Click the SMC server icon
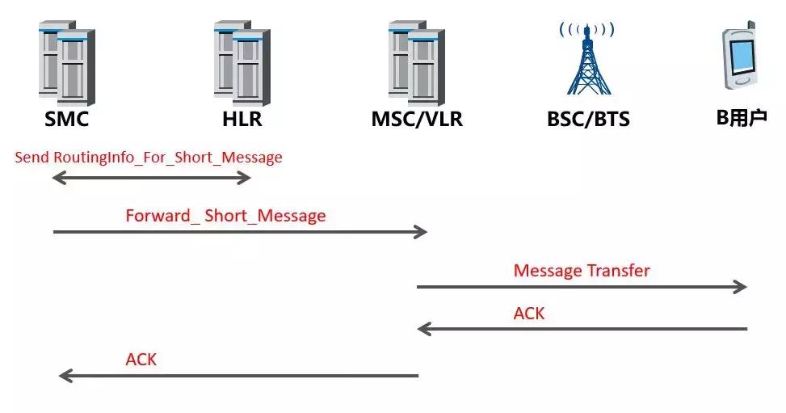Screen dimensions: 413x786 click(x=66, y=63)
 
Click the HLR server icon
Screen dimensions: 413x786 click(x=242, y=63)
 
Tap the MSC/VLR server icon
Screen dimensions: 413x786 click(x=416, y=63)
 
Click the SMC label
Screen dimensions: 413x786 click(x=66, y=120)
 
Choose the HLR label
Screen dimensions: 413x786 click(x=242, y=120)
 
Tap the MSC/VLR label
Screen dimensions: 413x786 click(x=417, y=120)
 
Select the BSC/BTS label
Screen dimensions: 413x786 click(x=587, y=120)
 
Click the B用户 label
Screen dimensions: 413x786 click(x=742, y=118)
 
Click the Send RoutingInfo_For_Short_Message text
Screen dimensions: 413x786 click(x=149, y=157)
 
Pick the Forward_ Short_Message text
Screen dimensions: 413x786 click(x=225, y=216)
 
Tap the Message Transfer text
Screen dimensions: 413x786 click(x=582, y=270)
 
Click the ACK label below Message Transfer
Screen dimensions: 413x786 click(x=529, y=313)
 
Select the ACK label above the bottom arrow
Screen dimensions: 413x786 click(x=141, y=359)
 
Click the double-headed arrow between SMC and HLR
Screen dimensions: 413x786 click(x=151, y=178)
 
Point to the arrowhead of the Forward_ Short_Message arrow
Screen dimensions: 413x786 click(x=420, y=233)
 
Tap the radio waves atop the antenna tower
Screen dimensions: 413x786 click(x=587, y=30)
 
